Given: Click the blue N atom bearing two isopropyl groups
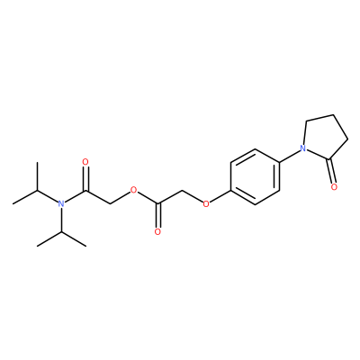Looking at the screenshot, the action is point(61,204).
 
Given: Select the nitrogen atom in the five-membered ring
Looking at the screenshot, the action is point(303,148).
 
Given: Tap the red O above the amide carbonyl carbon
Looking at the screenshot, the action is point(85,162).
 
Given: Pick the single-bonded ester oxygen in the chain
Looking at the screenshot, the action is point(133,190).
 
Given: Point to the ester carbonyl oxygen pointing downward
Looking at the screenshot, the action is point(157,232).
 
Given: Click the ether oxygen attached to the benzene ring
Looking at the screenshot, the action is point(206,204).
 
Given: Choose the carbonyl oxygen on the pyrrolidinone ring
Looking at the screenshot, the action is point(335,187).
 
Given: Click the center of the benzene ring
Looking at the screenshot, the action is point(255,176).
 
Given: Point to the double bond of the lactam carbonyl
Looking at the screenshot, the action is point(331,171).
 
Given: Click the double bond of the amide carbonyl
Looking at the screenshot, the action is point(85,178).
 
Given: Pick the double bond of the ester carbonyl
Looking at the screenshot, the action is point(158,216).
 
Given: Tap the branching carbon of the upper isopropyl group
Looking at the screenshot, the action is point(37,190).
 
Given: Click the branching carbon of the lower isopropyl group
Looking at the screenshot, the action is point(61,232).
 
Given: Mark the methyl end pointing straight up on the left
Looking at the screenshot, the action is point(37,162).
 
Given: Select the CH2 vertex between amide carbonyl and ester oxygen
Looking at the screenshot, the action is point(110,204).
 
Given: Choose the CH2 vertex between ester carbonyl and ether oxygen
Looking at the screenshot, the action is point(182,190).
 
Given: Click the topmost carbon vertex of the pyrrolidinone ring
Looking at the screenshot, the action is point(334,114).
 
